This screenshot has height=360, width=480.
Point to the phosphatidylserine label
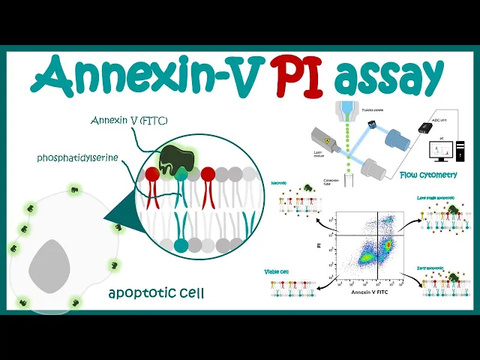[79, 157]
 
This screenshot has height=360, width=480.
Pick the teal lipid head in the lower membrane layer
[180, 245]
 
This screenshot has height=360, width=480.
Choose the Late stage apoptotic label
[436, 198]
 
